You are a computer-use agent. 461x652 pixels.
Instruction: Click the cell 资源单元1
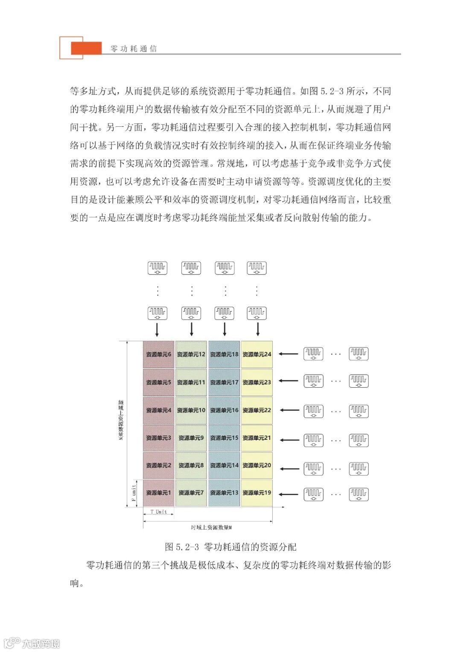(x=158, y=493)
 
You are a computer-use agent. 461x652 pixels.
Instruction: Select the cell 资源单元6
(x=158, y=354)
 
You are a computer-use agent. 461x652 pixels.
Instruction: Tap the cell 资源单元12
(x=191, y=354)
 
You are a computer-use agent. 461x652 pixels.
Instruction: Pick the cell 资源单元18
(x=224, y=354)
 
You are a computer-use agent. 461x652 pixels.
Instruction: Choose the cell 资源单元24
(x=257, y=354)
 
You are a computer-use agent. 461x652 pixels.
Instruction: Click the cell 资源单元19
(x=257, y=493)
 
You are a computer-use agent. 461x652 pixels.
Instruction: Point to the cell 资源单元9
(x=191, y=438)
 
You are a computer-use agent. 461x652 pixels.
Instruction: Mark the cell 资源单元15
(x=224, y=438)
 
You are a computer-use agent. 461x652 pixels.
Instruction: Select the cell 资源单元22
(x=257, y=410)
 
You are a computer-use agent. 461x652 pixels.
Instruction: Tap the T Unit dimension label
(x=159, y=512)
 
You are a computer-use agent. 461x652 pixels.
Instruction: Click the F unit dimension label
(x=134, y=493)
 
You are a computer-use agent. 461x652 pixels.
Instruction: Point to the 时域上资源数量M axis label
(x=211, y=528)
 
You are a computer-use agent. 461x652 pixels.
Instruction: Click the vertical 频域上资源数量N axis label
(x=121, y=420)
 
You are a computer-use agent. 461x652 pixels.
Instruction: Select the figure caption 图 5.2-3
(x=230, y=547)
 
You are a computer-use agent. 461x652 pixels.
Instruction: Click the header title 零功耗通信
(x=134, y=49)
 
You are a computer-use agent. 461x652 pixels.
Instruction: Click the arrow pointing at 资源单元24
(x=290, y=354)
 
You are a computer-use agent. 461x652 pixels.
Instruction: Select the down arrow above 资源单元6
(x=157, y=329)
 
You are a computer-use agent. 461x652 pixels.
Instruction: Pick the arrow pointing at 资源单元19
(x=290, y=494)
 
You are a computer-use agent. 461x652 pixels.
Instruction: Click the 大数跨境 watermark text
(x=41, y=643)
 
